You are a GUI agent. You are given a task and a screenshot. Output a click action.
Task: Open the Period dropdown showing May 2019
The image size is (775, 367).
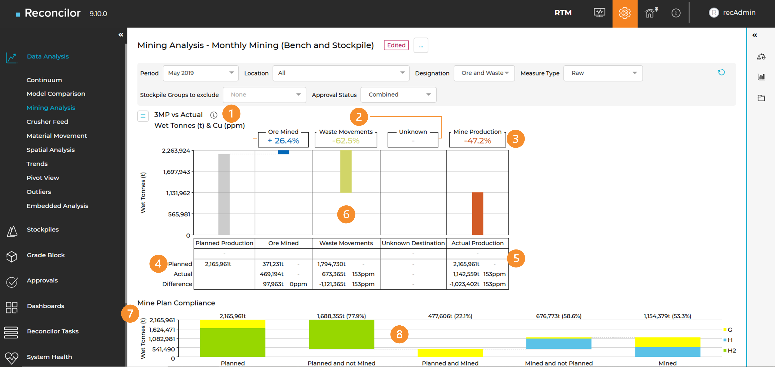(200, 73)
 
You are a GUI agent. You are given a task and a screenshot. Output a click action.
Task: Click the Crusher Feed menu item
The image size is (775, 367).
(47, 122)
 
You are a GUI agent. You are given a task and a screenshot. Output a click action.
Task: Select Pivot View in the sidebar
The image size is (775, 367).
(43, 178)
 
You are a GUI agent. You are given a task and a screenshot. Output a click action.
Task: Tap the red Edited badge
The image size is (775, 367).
(396, 45)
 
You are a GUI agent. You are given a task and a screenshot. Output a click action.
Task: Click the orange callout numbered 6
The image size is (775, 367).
(346, 214)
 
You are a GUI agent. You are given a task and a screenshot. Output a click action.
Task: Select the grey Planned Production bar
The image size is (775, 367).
(224, 194)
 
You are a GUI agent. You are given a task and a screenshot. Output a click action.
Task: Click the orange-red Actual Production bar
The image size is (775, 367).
(478, 214)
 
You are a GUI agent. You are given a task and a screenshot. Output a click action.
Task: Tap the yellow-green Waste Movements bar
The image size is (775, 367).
(346, 171)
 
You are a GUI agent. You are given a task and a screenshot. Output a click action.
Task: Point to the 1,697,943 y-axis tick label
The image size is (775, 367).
(177, 172)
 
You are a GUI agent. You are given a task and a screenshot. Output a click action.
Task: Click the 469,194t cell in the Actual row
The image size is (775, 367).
(272, 274)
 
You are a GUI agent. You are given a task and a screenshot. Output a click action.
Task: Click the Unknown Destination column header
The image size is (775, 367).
(413, 243)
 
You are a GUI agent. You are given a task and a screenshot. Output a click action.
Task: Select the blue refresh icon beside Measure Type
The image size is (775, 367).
(721, 72)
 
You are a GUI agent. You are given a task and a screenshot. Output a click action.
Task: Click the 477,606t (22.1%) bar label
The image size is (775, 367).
(450, 316)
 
